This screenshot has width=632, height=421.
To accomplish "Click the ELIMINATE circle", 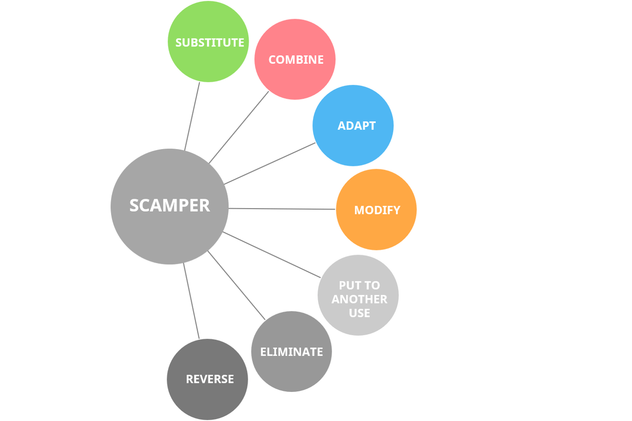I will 291,370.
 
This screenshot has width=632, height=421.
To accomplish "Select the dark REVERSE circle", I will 208,398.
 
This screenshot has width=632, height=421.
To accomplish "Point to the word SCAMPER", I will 170,205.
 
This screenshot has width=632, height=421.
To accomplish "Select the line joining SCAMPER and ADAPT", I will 270,164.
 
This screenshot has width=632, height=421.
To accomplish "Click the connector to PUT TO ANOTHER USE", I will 271,255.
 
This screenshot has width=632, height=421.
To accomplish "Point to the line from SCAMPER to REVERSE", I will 191,301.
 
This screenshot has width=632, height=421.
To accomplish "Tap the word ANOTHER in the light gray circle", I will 359,299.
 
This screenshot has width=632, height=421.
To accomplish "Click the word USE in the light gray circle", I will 359,313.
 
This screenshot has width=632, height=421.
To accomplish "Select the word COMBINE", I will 296,60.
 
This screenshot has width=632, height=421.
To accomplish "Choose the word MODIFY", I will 377,210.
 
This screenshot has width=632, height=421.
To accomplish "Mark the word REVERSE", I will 209,379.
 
